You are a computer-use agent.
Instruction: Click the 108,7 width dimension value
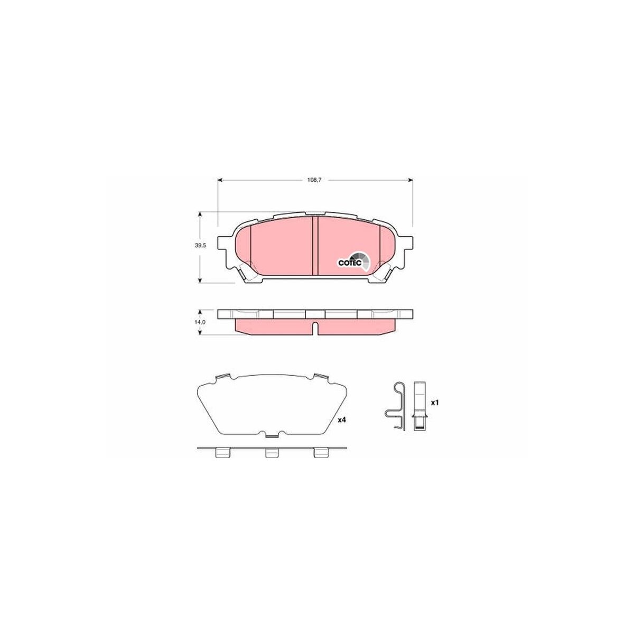pyautogui.click(x=314, y=180)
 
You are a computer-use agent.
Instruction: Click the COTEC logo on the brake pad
pyautogui.click(x=355, y=262)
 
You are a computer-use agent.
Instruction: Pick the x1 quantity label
pyautogui.click(x=435, y=403)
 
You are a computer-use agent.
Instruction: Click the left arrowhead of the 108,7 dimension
pyautogui.click(x=220, y=180)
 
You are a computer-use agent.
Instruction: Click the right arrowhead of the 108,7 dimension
pyautogui.click(x=410, y=180)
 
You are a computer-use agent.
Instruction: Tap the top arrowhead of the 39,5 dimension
pyautogui.click(x=199, y=215)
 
